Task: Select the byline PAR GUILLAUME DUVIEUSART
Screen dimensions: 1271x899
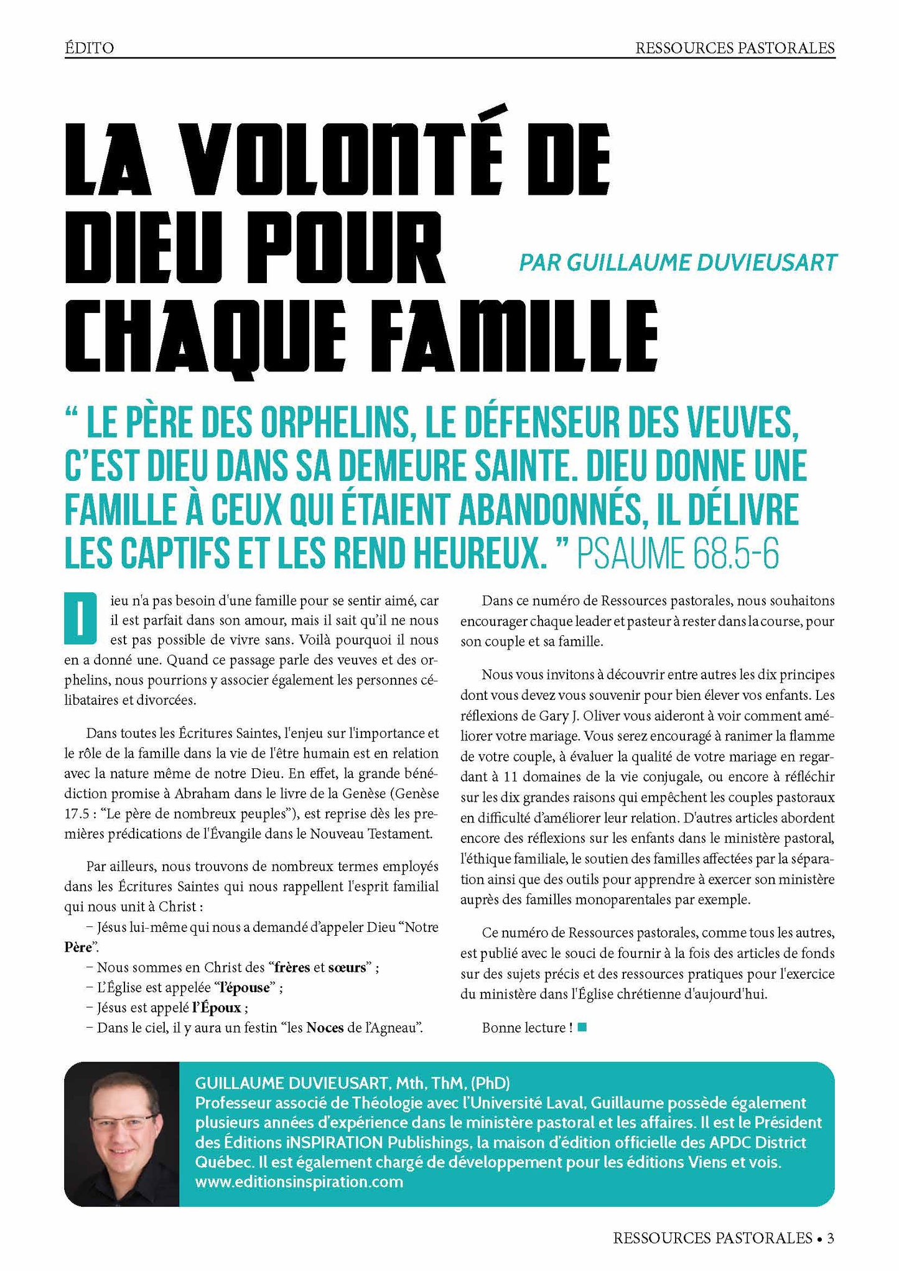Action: [x=678, y=262]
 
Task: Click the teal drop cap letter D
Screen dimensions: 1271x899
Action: [x=80, y=618]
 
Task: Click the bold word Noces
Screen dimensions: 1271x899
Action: [x=325, y=1027]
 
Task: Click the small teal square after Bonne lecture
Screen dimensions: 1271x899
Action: [x=582, y=1028]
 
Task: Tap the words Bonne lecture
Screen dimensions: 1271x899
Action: [x=523, y=1028]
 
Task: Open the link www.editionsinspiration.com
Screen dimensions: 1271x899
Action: [x=299, y=1181]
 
